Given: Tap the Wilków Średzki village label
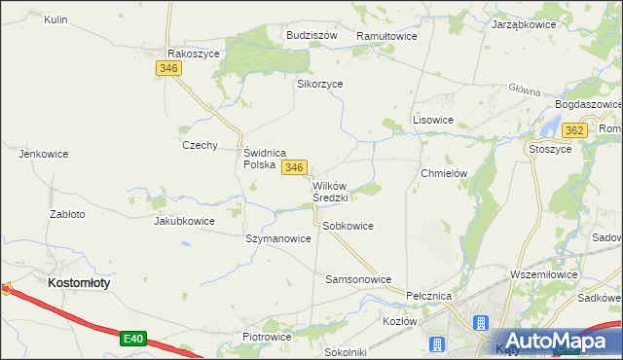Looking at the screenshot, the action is coord(330,191).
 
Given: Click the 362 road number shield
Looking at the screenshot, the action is coord(574,130).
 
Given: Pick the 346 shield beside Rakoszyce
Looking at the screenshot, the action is coord(167,68).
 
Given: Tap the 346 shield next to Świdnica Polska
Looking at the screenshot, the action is coord(296,167).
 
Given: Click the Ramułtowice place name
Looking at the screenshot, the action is coord(386,35).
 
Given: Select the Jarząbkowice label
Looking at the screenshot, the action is coord(523,22).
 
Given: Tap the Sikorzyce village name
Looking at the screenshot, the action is coord(319,84).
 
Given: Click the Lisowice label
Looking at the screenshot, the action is coord(433,120).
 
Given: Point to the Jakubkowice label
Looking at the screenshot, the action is coord(184,221).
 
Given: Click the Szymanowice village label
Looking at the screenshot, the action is coord(278,238).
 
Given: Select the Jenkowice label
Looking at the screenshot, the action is coord(42,153).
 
